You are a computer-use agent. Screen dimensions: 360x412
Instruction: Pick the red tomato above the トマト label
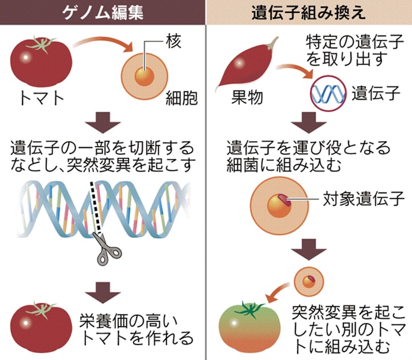pos(41,62)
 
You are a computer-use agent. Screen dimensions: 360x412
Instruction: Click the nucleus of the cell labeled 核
pos(145,76)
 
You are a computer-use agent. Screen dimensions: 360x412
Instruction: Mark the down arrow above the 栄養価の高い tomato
pos(103,290)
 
